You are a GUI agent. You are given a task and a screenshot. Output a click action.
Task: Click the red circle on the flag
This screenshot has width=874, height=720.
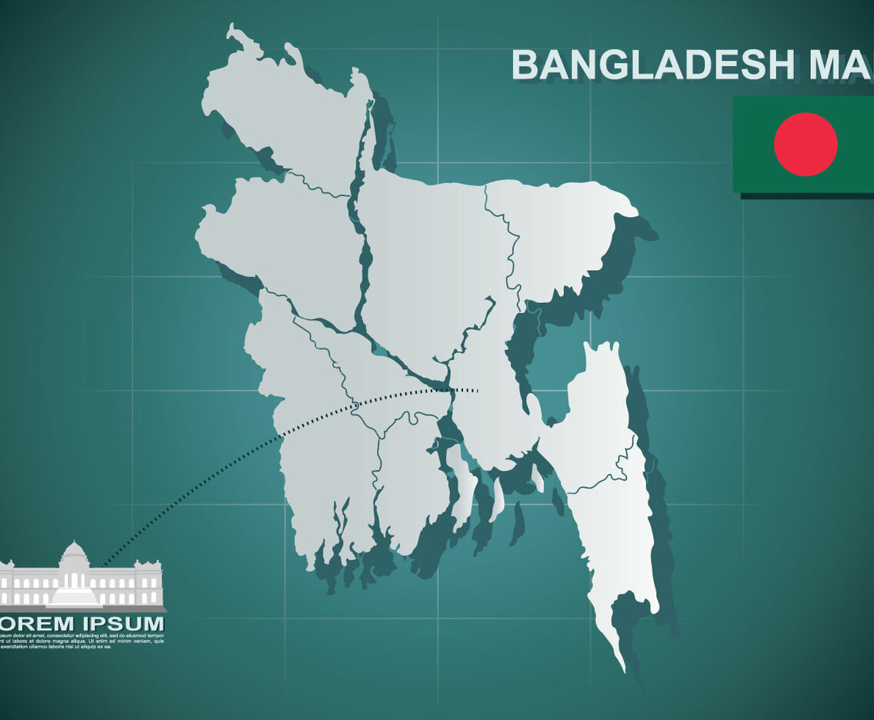click(806, 145)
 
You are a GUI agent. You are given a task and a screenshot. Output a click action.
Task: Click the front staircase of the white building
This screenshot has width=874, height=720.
click(75, 597)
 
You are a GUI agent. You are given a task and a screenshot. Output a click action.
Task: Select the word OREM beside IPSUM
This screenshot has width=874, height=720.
click(31, 623)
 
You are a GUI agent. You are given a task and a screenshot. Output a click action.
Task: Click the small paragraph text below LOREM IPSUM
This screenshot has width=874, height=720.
click(81, 641)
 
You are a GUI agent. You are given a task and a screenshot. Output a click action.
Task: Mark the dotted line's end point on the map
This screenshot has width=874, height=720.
click(478, 391)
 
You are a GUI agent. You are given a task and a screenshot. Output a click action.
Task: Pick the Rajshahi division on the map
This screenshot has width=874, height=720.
click(277, 238)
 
